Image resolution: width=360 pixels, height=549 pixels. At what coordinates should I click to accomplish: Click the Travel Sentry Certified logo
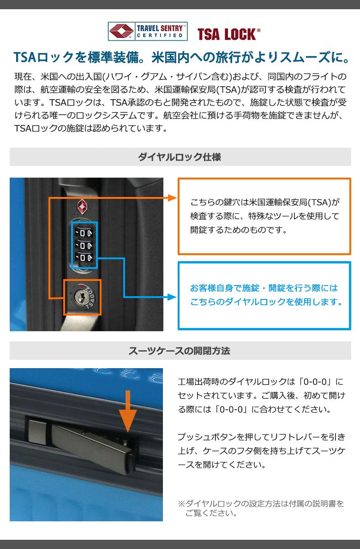click(x=147, y=31)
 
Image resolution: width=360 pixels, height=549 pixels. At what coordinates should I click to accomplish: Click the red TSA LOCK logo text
click(x=228, y=34)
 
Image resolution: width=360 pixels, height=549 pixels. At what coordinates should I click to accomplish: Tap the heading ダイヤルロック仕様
click(x=180, y=157)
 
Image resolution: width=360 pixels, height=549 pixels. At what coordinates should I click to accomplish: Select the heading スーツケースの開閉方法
click(x=179, y=351)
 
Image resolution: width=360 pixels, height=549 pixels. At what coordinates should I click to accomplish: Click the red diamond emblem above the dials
click(x=82, y=207)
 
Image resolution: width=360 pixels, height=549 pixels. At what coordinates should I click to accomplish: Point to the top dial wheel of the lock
click(x=84, y=233)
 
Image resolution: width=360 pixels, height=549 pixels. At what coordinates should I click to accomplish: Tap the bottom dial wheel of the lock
click(x=84, y=258)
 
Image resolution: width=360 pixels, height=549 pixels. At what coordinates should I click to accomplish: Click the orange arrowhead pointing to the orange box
click(x=173, y=198)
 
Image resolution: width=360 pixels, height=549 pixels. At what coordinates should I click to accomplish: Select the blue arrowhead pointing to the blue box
click(x=172, y=297)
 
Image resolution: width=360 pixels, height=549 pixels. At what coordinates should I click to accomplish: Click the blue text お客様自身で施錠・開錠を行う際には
click(x=264, y=288)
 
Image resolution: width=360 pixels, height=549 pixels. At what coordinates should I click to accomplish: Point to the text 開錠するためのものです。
click(x=239, y=230)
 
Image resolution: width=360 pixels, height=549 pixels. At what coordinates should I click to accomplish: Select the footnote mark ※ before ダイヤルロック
click(x=181, y=504)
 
